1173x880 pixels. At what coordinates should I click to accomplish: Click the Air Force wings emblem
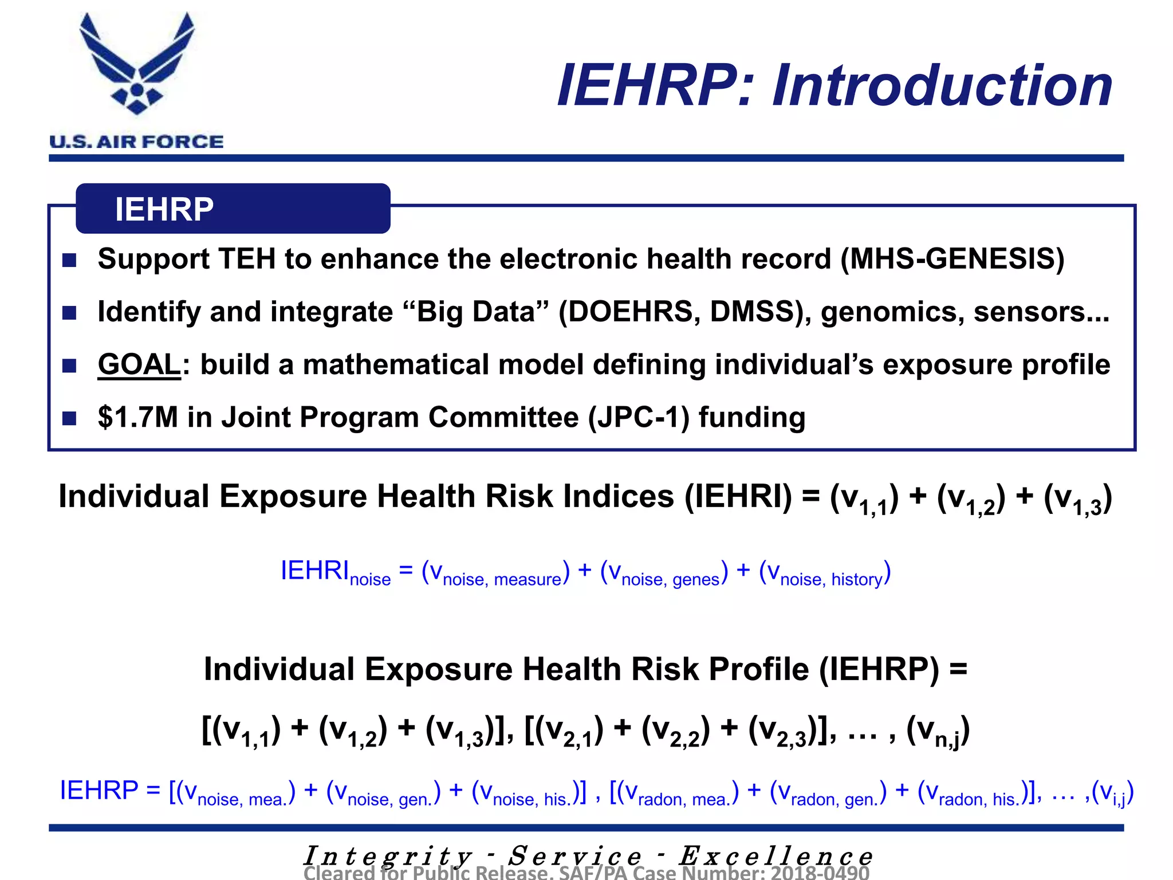click(137, 63)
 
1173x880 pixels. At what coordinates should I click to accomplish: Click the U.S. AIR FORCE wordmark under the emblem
click(136, 142)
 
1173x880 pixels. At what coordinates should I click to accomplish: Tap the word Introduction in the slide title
click(942, 86)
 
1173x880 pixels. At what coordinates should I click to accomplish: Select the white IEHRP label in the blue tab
click(164, 209)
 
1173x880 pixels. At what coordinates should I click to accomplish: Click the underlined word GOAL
click(139, 365)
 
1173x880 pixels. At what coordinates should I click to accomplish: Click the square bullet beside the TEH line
click(70, 261)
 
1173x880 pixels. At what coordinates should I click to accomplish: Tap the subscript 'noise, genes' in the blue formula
click(670, 580)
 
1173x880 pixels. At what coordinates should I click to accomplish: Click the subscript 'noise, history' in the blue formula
click(832, 580)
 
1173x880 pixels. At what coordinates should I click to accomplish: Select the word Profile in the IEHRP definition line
click(758, 669)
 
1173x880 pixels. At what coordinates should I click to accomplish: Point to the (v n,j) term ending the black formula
click(938, 731)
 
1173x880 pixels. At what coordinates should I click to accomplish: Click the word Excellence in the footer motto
click(776, 856)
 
